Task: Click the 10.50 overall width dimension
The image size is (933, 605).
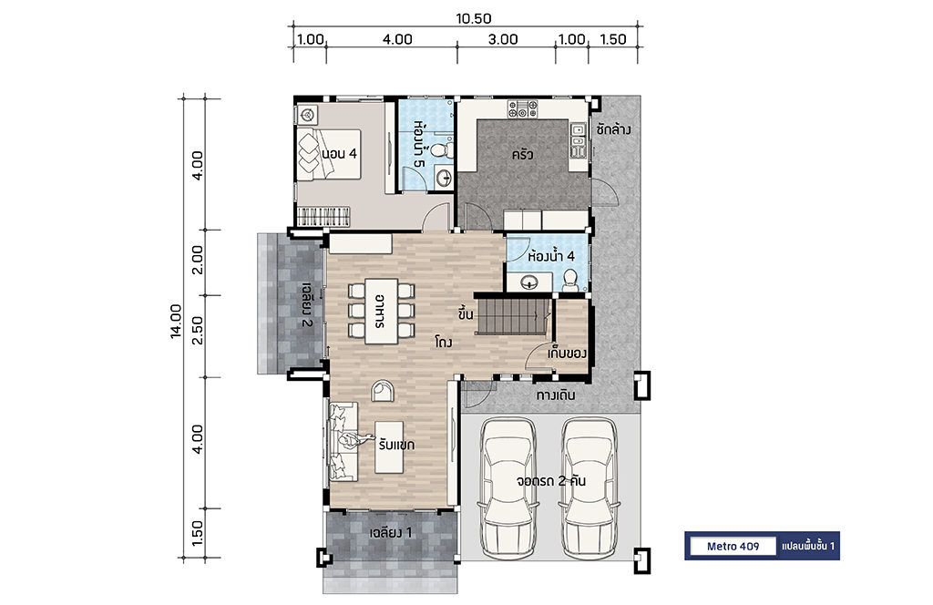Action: (x=474, y=18)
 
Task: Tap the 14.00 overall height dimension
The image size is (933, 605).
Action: (x=176, y=322)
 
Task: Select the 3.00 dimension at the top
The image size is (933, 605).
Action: (x=503, y=39)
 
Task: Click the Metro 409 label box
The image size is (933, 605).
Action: (x=733, y=546)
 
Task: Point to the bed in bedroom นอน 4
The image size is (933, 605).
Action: (x=329, y=154)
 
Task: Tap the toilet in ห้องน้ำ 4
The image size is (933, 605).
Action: (x=570, y=279)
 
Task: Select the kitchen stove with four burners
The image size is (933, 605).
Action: (x=522, y=108)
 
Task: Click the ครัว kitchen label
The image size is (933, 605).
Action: (x=522, y=155)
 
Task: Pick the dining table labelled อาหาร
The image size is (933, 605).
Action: (x=382, y=311)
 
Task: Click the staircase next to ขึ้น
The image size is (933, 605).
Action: (x=512, y=316)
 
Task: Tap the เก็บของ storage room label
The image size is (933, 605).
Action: (x=567, y=354)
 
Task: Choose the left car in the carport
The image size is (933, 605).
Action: (x=508, y=487)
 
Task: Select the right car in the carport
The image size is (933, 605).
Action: (x=590, y=487)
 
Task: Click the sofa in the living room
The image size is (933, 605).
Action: (x=343, y=441)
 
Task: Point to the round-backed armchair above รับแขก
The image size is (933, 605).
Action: (x=382, y=391)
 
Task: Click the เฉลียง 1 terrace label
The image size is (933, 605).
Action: (x=390, y=532)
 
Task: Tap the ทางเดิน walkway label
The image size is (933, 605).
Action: (x=556, y=395)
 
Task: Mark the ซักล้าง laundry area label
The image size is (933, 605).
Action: (x=613, y=129)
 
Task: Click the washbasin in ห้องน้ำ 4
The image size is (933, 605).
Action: (x=529, y=282)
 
